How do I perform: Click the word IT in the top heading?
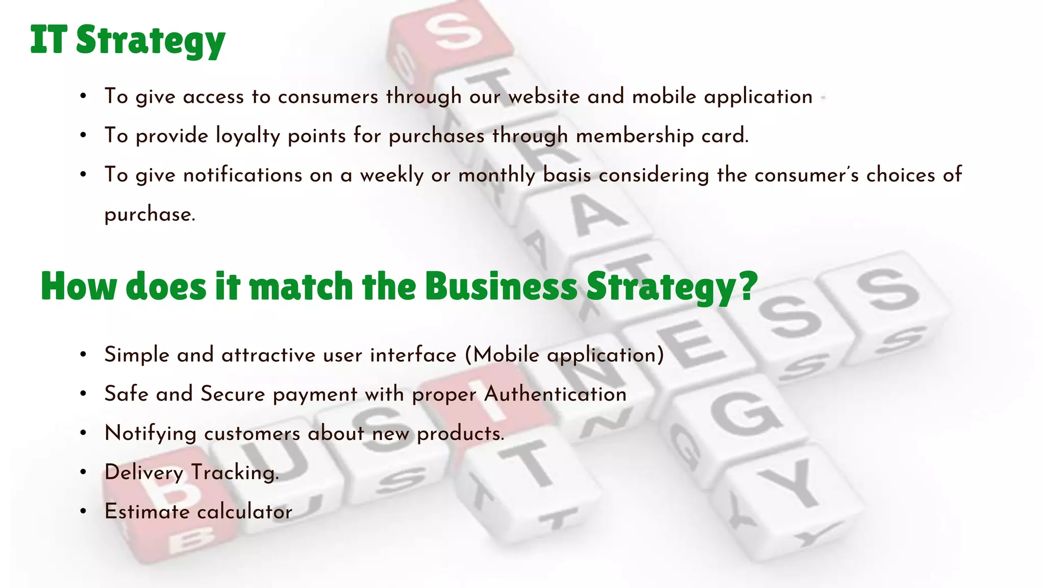coord(48,39)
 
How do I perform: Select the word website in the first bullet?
coord(544,96)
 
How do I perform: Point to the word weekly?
coord(391,175)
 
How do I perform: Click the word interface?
coord(413,355)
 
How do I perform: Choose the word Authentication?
coord(555,394)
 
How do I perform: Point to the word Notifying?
coord(150,434)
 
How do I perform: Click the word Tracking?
coord(235,473)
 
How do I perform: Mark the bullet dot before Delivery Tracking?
coord(83,472)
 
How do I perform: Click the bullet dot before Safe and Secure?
coord(83,394)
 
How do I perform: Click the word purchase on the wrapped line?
coord(149,214)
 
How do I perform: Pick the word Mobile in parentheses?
coord(506,355)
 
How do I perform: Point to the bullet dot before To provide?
coord(83,136)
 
